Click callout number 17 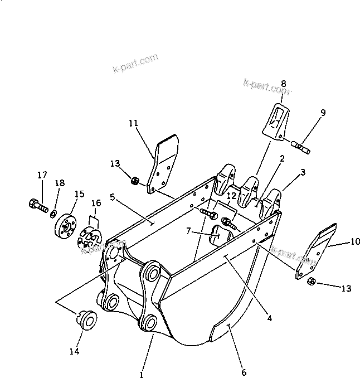[x=42, y=175]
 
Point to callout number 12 [x=231, y=195]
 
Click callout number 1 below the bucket [x=142, y=375]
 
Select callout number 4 [x=269, y=319]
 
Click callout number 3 [x=303, y=172]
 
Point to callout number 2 [x=282, y=159]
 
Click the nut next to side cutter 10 [x=312, y=282]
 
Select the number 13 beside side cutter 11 [x=115, y=163]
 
